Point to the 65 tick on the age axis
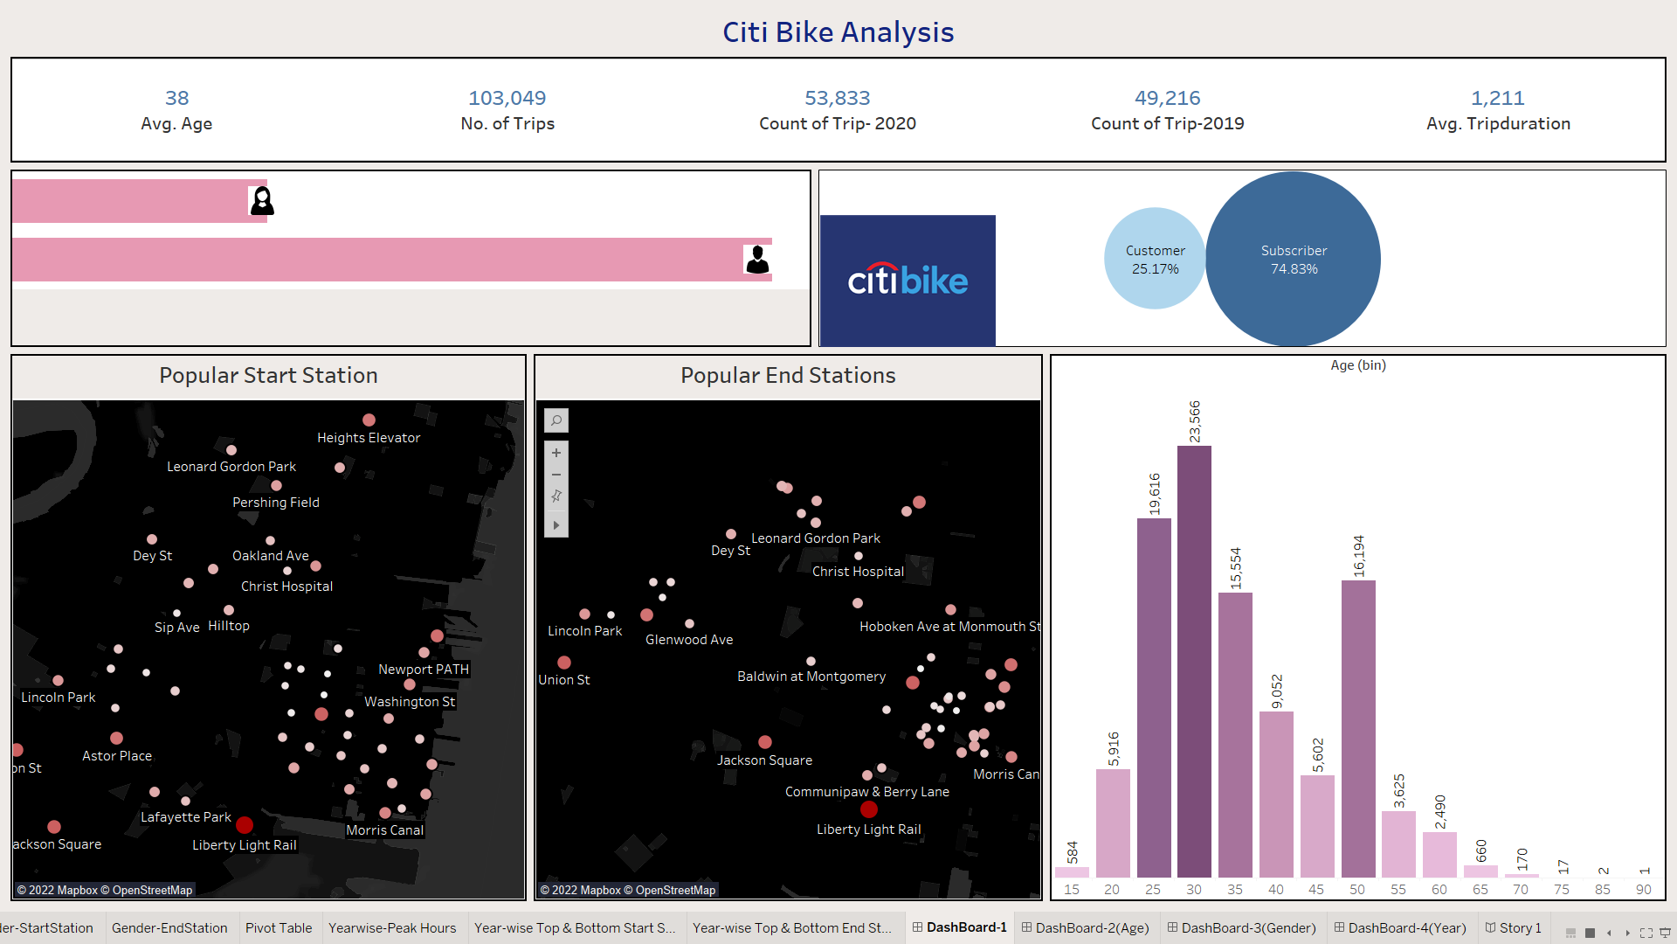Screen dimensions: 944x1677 [x=1480, y=889]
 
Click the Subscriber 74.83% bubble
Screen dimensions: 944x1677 [x=1293, y=259]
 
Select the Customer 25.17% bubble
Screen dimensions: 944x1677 [x=1155, y=259]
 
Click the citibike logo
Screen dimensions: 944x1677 [x=908, y=280]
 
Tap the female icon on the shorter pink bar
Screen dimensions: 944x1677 [x=262, y=201]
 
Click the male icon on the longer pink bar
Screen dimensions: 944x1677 [x=757, y=260]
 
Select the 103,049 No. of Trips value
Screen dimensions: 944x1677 [x=507, y=98]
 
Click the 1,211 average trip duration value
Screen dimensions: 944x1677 [x=1497, y=98]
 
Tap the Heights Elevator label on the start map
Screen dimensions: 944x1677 [x=368, y=438]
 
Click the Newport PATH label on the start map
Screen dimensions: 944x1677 [x=423, y=670]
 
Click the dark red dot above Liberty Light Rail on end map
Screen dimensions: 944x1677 [x=868, y=809]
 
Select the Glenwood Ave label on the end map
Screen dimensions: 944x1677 [x=688, y=640]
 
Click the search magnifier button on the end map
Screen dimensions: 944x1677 [x=556, y=420]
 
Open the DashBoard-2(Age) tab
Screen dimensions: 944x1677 [x=1091, y=927]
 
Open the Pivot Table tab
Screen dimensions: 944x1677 [x=278, y=927]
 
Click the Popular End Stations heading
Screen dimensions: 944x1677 [x=787, y=376]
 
